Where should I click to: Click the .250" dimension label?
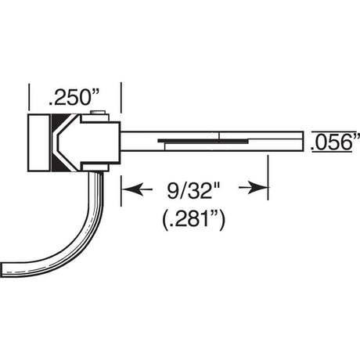[74, 97]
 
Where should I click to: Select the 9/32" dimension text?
[194, 190]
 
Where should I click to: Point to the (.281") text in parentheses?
[193, 221]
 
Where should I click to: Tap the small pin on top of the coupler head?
[98, 113]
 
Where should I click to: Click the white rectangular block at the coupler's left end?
[39, 142]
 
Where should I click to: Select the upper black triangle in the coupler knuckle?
[59, 123]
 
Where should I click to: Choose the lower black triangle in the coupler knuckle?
[59, 163]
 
